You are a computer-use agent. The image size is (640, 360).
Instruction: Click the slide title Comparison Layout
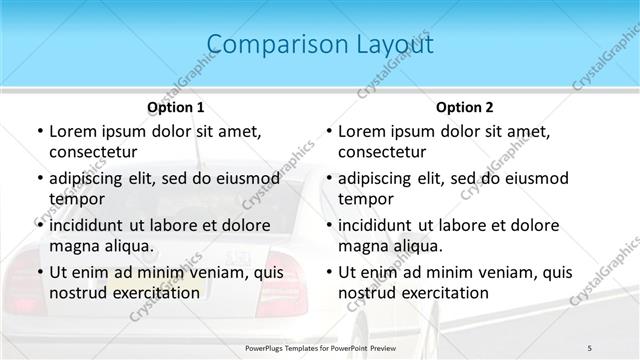click(x=319, y=45)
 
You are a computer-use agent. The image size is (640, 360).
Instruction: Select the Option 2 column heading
click(x=465, y=106)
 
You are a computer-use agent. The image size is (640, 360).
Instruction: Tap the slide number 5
click(x=590, y=347)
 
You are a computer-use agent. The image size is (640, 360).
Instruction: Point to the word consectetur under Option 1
click(x=93, y=152)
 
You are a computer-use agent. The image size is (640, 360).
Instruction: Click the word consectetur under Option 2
click(x=383, y=152)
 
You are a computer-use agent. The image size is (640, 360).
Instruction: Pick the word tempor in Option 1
click(x=73, y=199)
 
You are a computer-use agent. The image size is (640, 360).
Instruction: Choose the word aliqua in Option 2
click(x=420, y=246)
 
